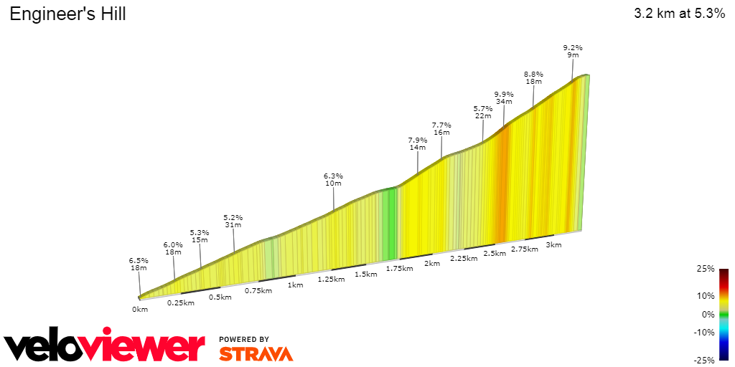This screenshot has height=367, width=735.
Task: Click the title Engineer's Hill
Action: [x=67, y=14]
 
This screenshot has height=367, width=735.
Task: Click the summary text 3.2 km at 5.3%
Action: [x=679, y=14]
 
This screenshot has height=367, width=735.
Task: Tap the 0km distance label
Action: [x=139, y=310]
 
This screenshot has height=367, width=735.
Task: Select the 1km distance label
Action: [x=295, y=285]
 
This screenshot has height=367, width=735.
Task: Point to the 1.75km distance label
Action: [x=399, y=269]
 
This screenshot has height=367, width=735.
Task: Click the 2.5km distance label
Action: [x=495, y=254]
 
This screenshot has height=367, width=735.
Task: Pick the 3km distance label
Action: [x=553, y=244]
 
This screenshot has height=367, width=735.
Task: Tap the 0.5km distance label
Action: [x=220, y=297]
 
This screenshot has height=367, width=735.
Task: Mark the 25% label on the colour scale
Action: [x=706, y=269]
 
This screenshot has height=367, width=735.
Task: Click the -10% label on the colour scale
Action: [x=705, y=332]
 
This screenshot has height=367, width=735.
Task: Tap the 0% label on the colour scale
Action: [x=708, y=314]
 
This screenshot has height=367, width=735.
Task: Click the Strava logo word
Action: [x=256, y=353]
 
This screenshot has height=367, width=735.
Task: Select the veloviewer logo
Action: [x=104, y=347]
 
